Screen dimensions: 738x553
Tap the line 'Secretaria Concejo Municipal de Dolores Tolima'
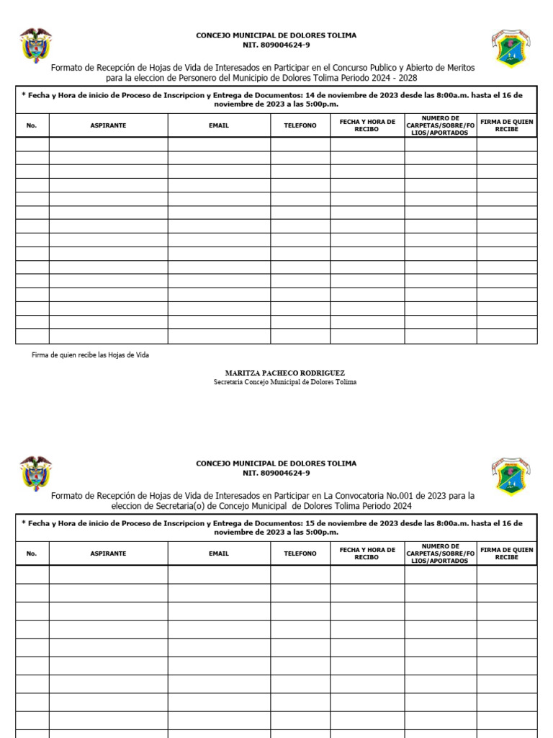point(284,382)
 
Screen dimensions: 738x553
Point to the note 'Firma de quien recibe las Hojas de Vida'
point(91,355)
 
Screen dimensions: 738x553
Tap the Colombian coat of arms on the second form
point(35,474)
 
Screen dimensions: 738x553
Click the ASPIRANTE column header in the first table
point(108,125)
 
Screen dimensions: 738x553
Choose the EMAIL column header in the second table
point(219,553)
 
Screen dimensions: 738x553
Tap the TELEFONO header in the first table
point(300,125)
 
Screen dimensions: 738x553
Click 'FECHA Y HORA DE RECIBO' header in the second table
point(367,553)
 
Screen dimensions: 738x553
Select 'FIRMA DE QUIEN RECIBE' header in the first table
point(507,125)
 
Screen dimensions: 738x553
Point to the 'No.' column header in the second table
point(31,553)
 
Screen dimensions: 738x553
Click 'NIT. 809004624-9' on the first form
point(276,45)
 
